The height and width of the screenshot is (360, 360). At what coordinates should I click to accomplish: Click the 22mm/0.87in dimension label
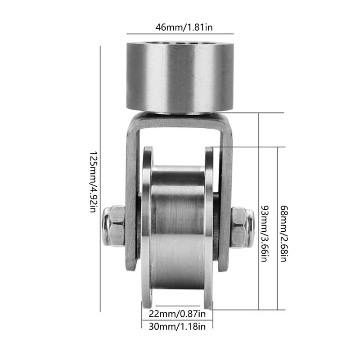176,313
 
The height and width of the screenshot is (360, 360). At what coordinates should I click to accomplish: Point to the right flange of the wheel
210,225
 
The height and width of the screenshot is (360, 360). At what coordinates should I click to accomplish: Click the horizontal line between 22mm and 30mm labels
176,319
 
